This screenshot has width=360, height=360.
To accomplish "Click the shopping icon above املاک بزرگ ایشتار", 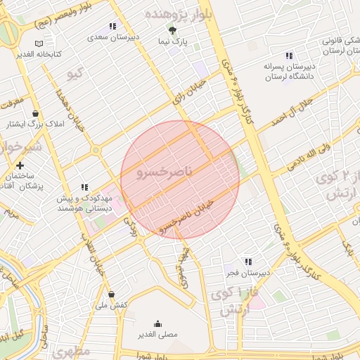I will [34, 113].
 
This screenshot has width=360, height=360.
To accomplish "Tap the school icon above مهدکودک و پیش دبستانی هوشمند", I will [84, 187].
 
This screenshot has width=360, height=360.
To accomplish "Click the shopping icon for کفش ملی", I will [111, 294].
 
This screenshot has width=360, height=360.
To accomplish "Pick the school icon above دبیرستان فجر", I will [247, 262].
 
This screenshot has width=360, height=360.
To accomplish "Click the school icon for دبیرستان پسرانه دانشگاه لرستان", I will [288, 56].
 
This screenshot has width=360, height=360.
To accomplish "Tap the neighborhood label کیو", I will [75, 74].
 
